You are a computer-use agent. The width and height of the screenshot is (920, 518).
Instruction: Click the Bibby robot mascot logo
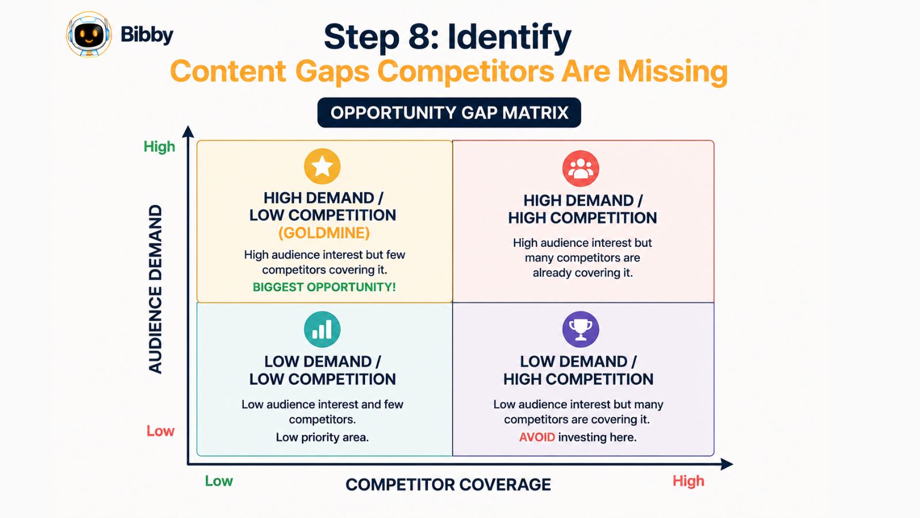click(89, 35)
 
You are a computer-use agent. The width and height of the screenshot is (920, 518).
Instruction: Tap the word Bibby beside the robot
click(147, 35)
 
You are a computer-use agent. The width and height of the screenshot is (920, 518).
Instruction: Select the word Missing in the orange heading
click(673, 71)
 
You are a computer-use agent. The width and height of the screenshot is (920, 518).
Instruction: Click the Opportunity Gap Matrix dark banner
click(449, 113)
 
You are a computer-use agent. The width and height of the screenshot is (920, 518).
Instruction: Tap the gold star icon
click(322, 166)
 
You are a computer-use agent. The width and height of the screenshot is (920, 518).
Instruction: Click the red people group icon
click(580, 169)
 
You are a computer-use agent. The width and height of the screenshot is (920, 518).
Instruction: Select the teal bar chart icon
click(322, 329)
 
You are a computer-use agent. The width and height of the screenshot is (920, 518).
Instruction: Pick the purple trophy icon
click(580, 329)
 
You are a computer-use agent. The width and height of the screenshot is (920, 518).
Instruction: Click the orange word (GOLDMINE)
click(324, 233)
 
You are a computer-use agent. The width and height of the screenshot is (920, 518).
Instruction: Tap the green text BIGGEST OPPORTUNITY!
click(324, 287)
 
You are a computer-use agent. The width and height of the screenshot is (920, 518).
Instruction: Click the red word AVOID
click(537, 437)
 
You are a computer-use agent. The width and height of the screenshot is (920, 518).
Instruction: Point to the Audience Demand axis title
click(155, 289)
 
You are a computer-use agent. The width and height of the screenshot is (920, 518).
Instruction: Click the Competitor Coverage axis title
click(448, 485)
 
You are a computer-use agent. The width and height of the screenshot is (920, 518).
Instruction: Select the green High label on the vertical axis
click(159, 147)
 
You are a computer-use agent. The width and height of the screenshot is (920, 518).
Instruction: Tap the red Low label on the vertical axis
click(160, 431)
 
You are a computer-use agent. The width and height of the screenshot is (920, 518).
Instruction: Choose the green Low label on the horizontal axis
click(219, 481)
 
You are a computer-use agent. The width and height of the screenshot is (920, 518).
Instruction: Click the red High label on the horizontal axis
click(688, 481)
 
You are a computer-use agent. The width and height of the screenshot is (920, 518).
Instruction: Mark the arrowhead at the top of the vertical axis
click(188, 131)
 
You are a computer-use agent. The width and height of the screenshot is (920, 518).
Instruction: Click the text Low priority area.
click(322, 437)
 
